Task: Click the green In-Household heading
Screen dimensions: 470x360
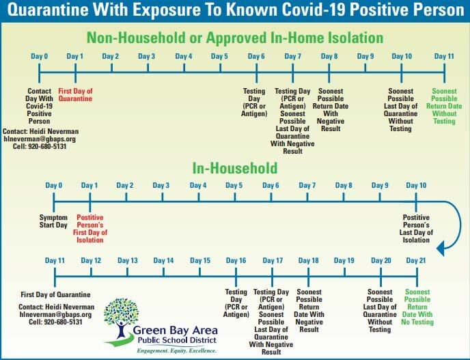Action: [235, 168]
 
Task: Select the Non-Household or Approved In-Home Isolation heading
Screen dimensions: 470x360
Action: [235, 38]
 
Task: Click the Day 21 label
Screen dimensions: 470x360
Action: [416, 260]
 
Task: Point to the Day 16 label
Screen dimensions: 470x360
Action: [236, 260]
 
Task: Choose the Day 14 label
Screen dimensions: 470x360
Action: [163, 260]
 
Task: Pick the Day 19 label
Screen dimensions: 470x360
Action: [344, 260]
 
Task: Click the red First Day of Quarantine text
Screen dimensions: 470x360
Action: [75, 95]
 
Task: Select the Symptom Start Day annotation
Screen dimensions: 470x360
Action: [53, 221]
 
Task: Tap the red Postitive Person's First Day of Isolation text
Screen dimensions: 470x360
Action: [90, 229]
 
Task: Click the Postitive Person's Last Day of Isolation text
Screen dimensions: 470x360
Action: [416, 229]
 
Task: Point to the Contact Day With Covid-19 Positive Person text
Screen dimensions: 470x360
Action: [39, 106]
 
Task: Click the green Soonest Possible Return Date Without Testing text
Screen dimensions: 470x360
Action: [444, 106]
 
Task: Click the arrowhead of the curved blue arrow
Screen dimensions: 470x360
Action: [440, 249]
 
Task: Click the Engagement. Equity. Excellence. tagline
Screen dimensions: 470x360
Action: [176, 350]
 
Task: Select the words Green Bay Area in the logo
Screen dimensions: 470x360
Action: [175, 331]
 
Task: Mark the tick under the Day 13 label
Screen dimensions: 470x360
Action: [127, 272]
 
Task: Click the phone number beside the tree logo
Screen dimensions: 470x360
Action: [55, 322]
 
